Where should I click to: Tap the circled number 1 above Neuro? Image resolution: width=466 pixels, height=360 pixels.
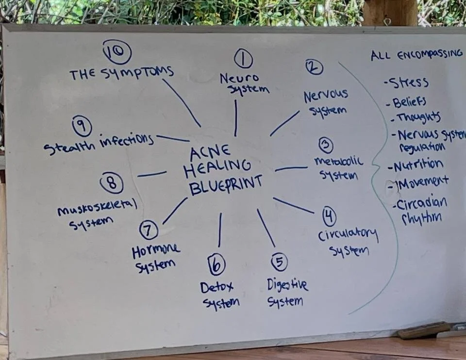point(243,59)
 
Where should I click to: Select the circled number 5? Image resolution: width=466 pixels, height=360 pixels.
point(279,262)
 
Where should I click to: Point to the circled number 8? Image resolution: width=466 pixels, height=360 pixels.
point(112,183)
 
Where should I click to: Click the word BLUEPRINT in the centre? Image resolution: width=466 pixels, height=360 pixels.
point(226,184)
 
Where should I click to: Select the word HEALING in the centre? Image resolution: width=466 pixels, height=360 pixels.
point(217,168)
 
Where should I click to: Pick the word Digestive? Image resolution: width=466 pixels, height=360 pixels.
point(287,285)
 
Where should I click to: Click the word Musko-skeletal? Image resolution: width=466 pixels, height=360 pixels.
point(97,208)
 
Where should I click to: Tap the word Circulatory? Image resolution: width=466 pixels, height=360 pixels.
point(348,235)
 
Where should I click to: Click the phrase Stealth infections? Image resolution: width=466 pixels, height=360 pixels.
point(99,143)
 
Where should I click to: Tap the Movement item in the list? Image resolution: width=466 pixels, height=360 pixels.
point(421,182)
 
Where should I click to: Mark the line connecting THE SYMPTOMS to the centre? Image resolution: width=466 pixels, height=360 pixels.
point(181,102)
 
